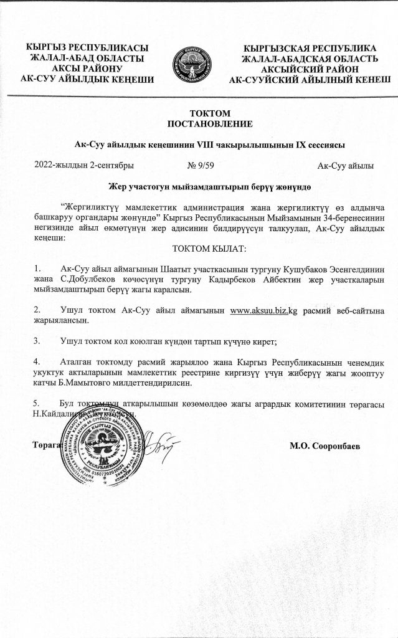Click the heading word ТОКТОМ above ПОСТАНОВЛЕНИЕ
(x=201, y=113)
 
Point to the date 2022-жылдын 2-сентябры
(x=83, y=165)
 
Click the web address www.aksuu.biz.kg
(x=263, y=310)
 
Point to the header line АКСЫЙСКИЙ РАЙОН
(x=309, y=69)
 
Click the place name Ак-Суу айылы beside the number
(x=345, y=165)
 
